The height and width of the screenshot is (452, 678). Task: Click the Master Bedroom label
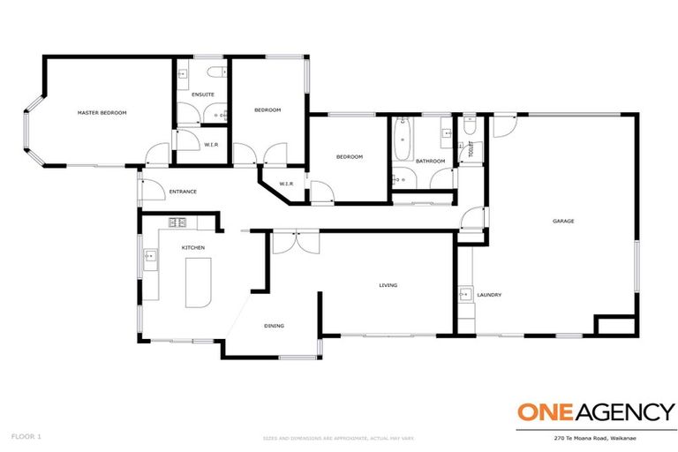[102, 112]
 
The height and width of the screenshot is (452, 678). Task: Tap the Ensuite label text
[202, 94]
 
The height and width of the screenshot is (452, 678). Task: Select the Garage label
[563, 221]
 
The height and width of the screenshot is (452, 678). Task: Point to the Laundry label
[489, 295]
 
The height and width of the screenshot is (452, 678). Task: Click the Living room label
[388, 285]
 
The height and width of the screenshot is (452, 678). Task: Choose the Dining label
[274, 327]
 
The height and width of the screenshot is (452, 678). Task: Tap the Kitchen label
[193, 248]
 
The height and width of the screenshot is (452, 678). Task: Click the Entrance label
[183, 192]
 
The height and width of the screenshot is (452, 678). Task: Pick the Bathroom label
[430, 161]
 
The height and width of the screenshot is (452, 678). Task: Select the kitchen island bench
[199, 282]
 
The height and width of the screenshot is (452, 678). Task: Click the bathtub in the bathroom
[403, 141]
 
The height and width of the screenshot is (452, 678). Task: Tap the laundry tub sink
[465, 294]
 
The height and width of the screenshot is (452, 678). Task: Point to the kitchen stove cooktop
[177, 222]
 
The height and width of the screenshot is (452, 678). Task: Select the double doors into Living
[294, 241]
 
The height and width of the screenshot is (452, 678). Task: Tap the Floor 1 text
[26, 436]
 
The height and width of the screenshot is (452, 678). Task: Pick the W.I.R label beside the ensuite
[211, 144]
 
